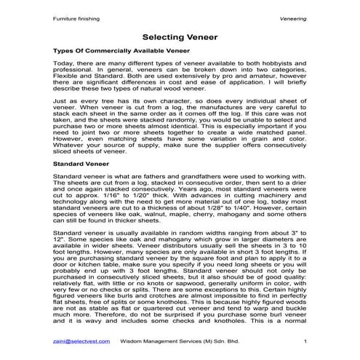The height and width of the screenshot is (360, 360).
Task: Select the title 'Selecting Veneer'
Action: [180, 35]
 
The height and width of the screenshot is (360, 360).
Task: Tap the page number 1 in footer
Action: [305, 341]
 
